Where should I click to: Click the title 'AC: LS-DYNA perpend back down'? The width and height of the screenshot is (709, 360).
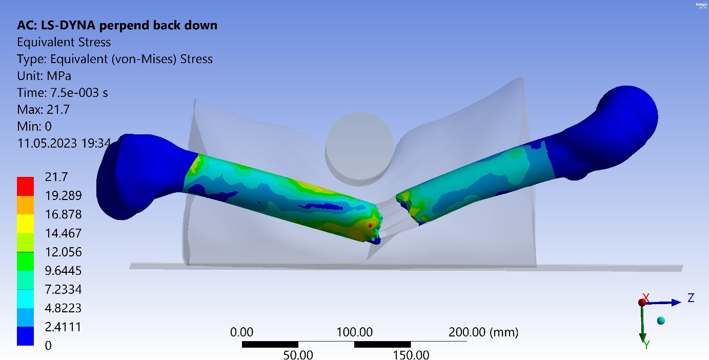[117, 25]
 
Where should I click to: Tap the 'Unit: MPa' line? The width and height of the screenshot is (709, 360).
[44, 76]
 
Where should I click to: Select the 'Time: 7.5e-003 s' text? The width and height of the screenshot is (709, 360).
[63, 93]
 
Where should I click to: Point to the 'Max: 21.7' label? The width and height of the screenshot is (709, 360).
[44, 110]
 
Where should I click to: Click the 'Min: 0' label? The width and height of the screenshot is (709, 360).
[34, 126]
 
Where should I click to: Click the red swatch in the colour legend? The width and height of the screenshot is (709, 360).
[25, 187]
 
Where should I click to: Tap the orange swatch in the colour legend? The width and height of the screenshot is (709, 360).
[25, 205]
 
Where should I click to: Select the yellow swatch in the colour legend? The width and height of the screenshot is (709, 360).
[25, 224]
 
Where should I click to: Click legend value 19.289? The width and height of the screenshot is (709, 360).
[63, 196]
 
